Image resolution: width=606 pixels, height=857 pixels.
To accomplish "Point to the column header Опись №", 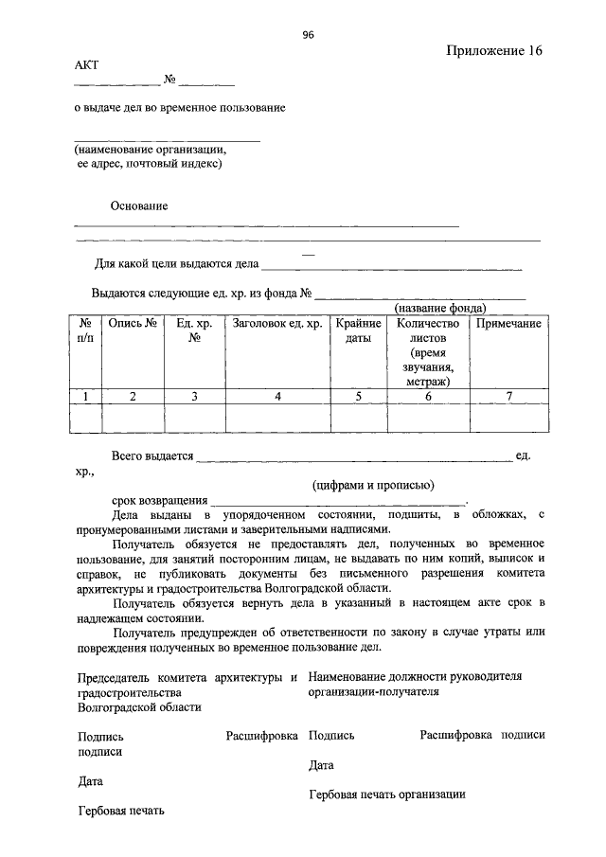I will (133, 324).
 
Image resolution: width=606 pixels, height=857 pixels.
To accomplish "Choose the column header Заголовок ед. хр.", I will (277, 324).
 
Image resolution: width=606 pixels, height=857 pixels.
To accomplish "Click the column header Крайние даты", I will (358, 330).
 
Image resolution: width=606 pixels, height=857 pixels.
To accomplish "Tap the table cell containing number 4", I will (277, 396).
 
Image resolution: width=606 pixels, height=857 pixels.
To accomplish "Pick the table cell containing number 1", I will (85, 396).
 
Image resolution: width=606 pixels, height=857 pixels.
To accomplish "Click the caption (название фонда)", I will (440, 309).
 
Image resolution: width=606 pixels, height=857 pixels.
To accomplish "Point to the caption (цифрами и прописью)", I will (374, 485).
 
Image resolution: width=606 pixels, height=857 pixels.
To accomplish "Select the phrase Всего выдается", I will (151, 455).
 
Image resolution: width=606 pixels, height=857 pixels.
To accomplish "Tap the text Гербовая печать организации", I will (387, 795).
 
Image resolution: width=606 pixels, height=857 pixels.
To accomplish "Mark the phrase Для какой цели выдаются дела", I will (176, 264).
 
